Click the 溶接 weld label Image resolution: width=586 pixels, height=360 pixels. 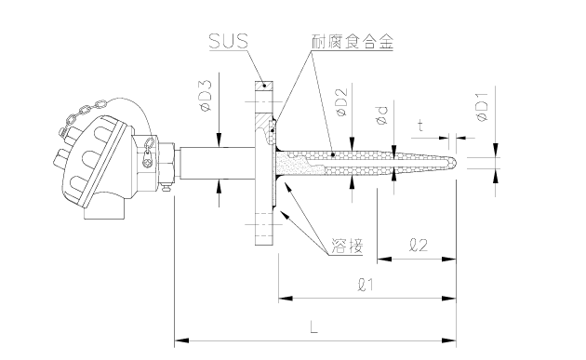(x=346, y=247)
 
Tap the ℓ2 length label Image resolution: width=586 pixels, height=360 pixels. (x=420, y=247)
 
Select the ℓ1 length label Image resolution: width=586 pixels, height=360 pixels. (x=365, y=286)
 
